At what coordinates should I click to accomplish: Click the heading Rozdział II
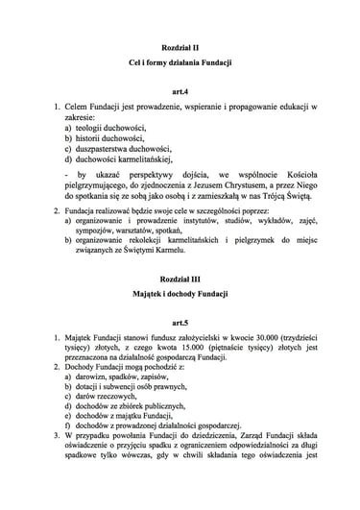click(x=180, y=45)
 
